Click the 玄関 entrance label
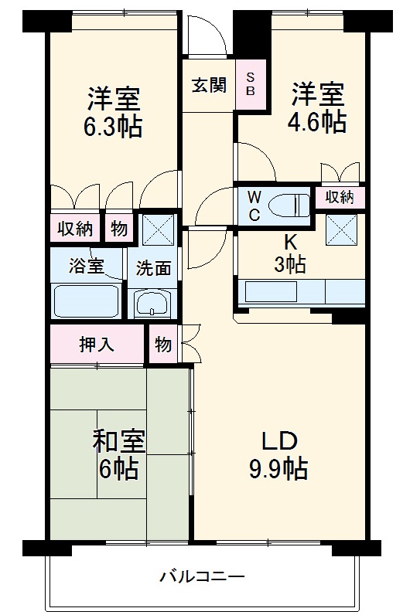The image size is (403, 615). pos(209,85)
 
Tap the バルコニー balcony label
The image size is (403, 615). pos(202,576)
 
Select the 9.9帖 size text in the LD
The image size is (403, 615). pos(278,468)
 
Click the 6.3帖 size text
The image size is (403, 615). pos(113,125)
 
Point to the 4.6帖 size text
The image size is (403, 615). pos(317,122)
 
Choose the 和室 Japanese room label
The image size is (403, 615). pos(118,443)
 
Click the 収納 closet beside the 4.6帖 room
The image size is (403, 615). pos(339,197)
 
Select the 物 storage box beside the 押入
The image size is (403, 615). pos(162,345)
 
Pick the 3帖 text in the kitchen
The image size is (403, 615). pos(290,264)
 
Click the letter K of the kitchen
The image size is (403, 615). pos(290,240)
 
